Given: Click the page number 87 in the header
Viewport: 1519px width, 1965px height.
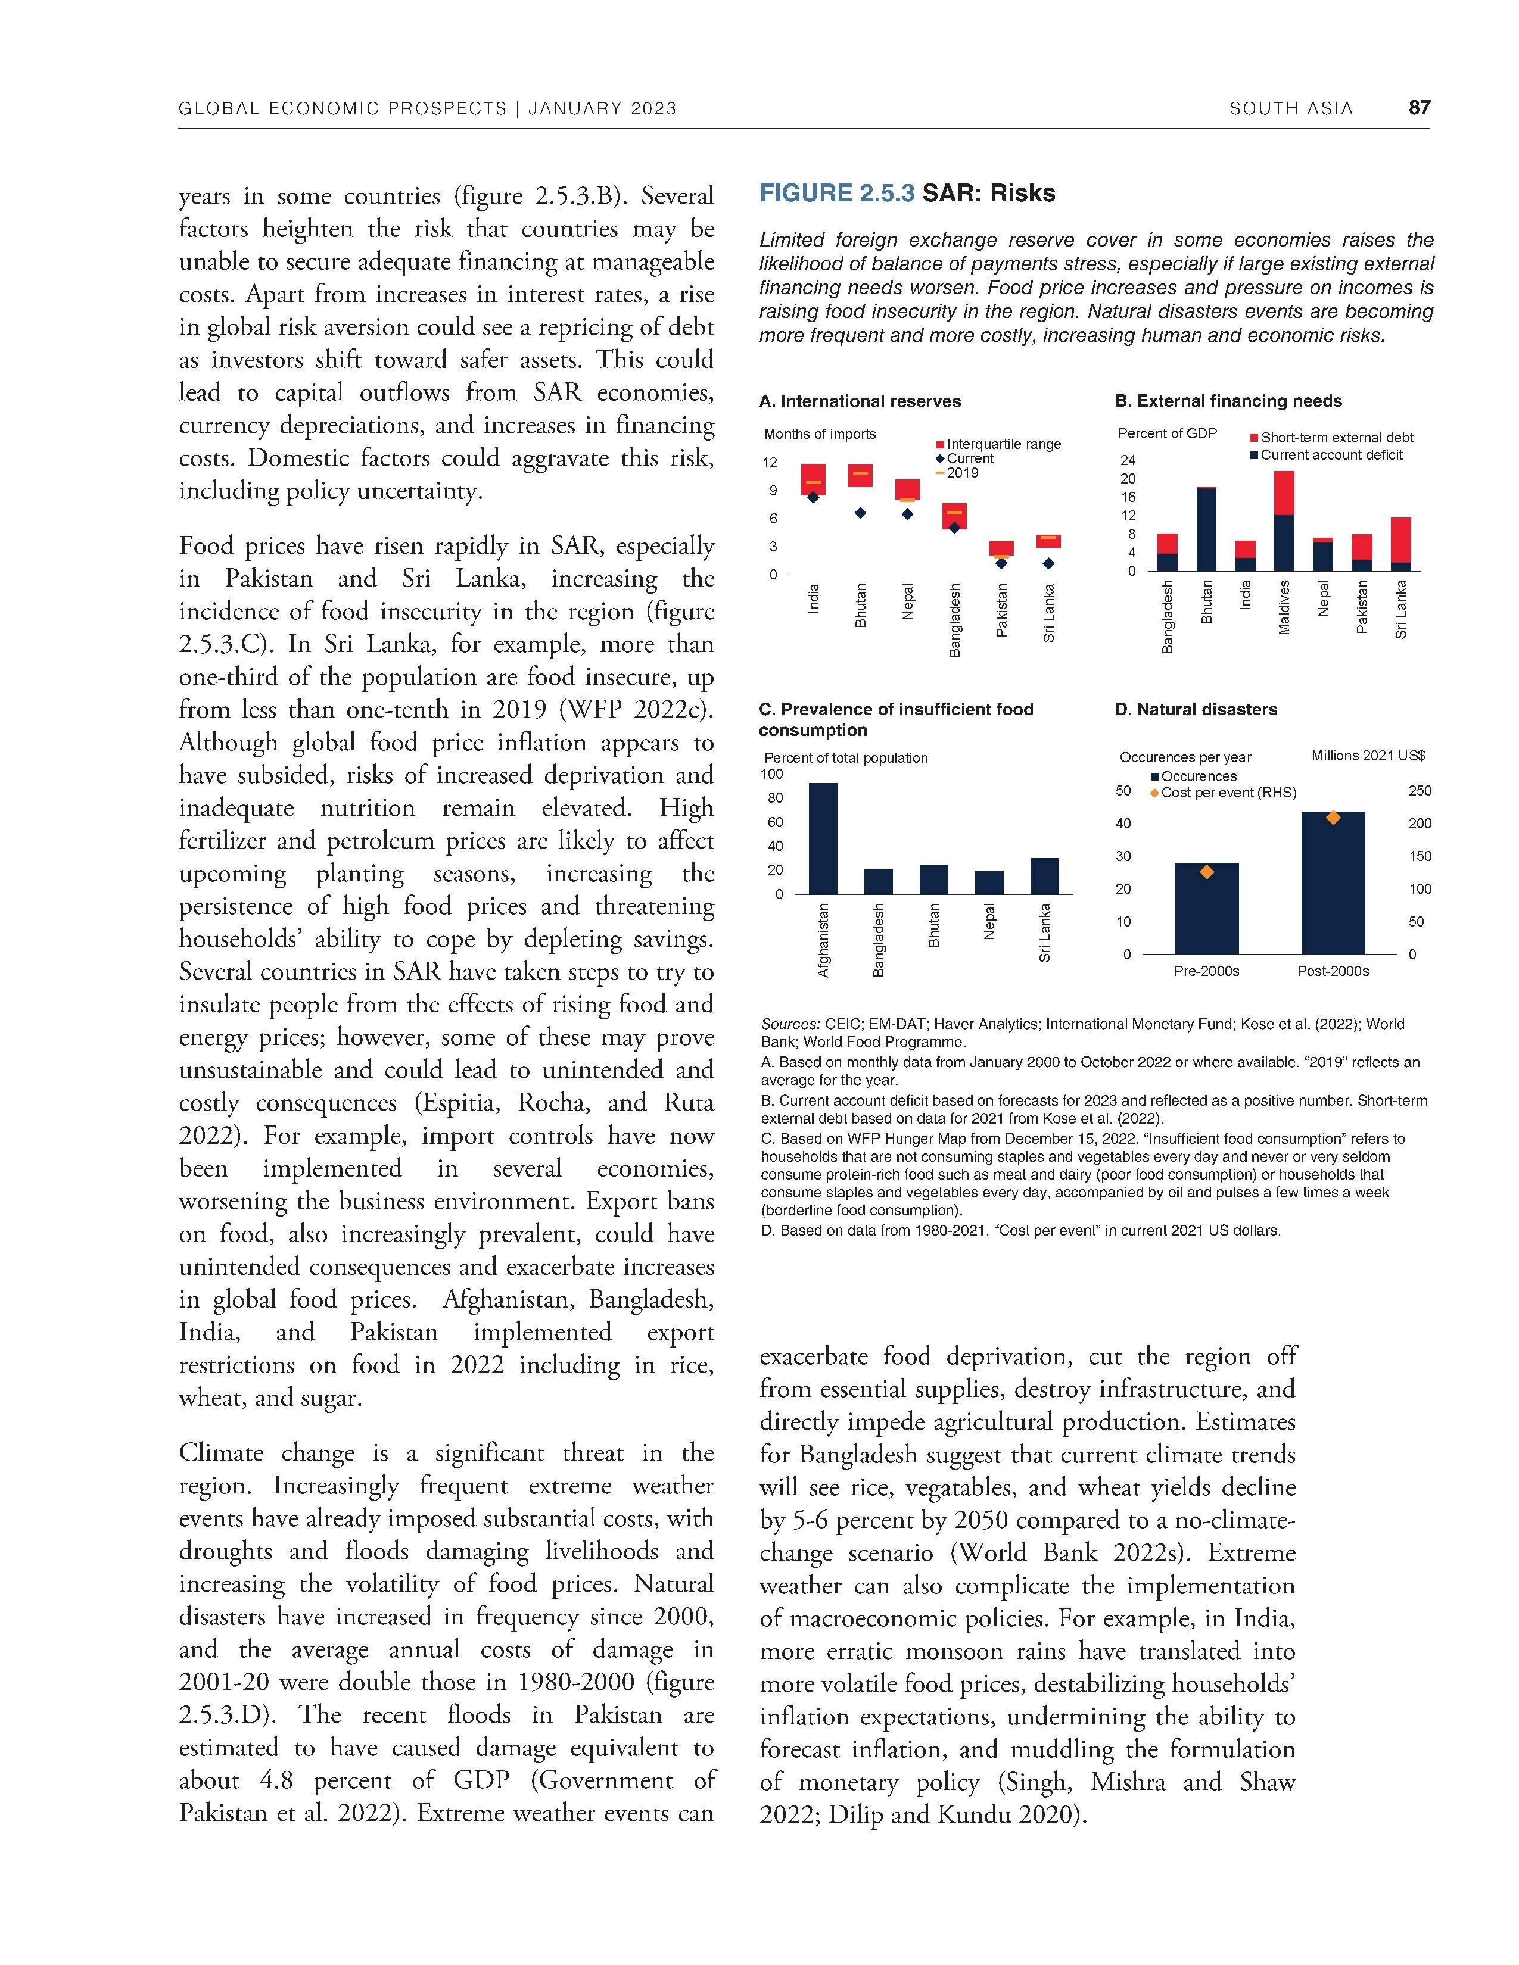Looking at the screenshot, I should pyautogui.click(x=1419, y=108).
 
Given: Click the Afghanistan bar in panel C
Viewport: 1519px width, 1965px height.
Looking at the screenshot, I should pyautogui.click(x=823, y=838).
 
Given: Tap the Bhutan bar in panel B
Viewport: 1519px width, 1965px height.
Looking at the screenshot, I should pyautogui.click(x=1206, y=529).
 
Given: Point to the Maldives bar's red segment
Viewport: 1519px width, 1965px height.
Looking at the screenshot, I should pyautogui.click(x=1284, y=493).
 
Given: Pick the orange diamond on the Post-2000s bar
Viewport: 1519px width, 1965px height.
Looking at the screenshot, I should pyautogui.click(x=1333, y=817).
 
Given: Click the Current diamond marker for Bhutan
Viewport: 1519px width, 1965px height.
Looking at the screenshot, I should pyautogui.click(x=860, y=513).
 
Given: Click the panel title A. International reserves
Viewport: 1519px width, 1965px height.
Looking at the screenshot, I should pyautogui.click(x=860, y=401).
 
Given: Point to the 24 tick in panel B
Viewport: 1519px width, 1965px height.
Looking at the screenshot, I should pyautogui.click(x=1128, y=460).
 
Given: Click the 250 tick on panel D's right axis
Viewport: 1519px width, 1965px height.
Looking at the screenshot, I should pyautogui.click(x=1419, y=791).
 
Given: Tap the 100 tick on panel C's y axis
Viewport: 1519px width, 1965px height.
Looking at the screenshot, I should pyautogui.click(x=772, y=773).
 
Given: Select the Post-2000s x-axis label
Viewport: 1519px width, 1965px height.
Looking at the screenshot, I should pyautogui.click(x=1332, y=971).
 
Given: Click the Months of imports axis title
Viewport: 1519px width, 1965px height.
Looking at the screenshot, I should pyautogui.click(x=819, y=433).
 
